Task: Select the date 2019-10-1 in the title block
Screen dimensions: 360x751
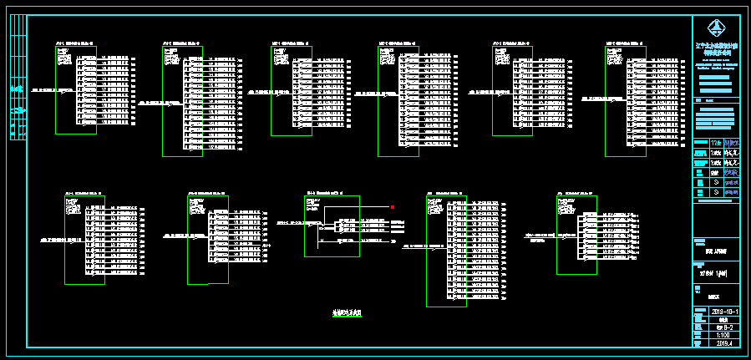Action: (720, 311)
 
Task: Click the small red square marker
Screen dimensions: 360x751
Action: (392, 206)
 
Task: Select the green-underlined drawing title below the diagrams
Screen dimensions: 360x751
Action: (348, 312)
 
